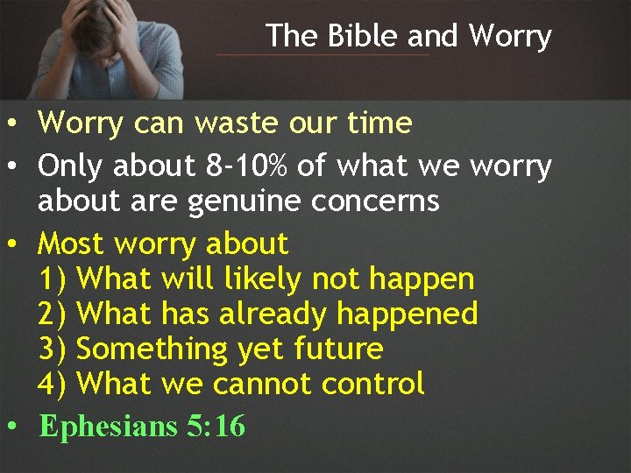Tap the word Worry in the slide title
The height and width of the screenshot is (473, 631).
pos(509,37)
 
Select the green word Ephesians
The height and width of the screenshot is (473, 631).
pos(109,427)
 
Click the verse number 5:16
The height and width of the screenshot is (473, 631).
pos(216,427)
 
